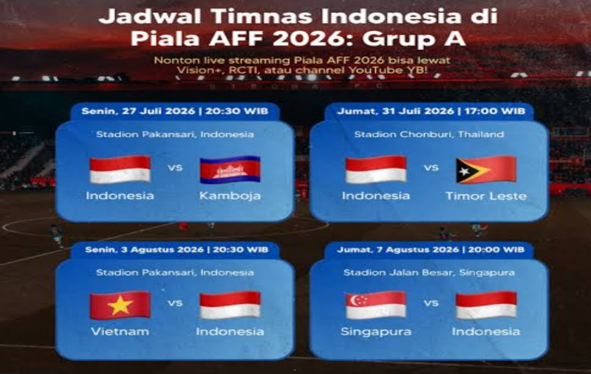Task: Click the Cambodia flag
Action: [x=230, y=170]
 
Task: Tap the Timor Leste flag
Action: [x=486, y=170]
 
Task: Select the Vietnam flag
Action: [x=120, y=305]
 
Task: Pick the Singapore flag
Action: [x=376, y=305]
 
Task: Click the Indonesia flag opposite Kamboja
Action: [x=120, y=170]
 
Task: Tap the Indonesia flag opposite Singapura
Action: [x=486, y=305]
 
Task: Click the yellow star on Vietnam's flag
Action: [x=120, y=305]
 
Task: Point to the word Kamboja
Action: [x=230, y=196]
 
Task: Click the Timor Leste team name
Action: [x=486, y=196]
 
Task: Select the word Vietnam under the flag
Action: [x=120, y=331]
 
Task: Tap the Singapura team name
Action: [x=376, y=332]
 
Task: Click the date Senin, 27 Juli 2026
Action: [x=138, y=111]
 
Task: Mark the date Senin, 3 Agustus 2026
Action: [x=144, y=250]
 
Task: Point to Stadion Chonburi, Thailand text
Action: [x=429, y=134]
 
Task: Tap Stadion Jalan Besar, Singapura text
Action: [x=429, y=273]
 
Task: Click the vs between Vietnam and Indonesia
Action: [x=175, y=303]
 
